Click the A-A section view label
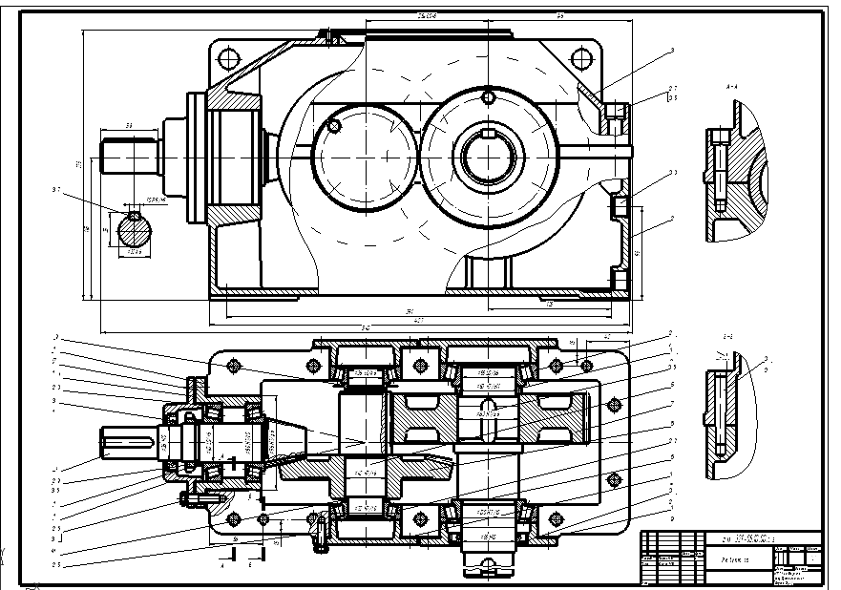tap(732, 85)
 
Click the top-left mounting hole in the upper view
tap(228, 57)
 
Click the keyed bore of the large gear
tap(489, 154)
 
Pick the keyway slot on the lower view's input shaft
tap(134, 439)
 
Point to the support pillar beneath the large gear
tap(489, 273)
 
